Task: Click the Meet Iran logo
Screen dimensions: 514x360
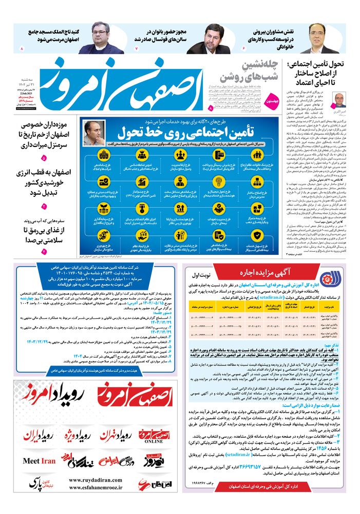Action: click(40, 461)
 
